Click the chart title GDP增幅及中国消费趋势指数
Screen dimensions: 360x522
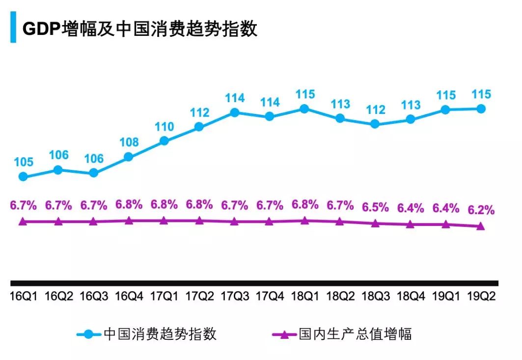coord(140,29)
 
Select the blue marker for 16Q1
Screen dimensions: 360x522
coord(23,176)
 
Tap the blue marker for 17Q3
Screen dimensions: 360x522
coord(234,112)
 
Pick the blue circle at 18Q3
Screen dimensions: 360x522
coord(375,124)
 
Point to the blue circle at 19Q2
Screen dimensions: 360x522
coord(481,109)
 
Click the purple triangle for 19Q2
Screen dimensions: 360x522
coord(481,226)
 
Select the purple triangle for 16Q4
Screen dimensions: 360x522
coord(129,221)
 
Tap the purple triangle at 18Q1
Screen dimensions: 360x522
coord(304,221)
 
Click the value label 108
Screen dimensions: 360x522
coord(129,142)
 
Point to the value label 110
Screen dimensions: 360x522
coord(164,127)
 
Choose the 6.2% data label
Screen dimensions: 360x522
coord(481,210)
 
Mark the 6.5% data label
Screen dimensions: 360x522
coord(375,206)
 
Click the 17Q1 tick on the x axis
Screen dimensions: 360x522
coord(164,297)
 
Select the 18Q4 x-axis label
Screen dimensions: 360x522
coord(411,297)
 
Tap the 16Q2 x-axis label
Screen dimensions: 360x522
coord(58,297)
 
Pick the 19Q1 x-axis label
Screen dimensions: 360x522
coord(445,297)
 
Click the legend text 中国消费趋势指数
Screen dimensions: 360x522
coord(160,334)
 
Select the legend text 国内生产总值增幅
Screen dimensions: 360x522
coord(355,334)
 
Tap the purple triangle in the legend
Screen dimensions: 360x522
coord(286,334)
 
